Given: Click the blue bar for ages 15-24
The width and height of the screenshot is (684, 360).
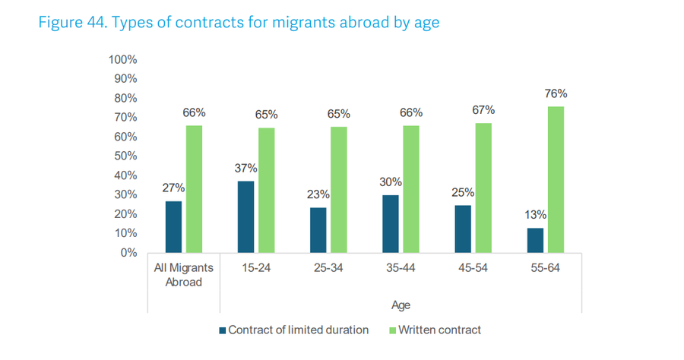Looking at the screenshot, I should [246, 216].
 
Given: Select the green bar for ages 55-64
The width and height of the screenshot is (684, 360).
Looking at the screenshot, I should [556, 179].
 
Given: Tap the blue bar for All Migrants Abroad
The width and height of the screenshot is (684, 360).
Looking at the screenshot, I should [173, 226].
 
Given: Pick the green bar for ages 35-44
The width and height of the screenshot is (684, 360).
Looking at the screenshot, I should [411, 189].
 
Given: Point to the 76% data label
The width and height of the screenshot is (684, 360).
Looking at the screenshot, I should [556, 94].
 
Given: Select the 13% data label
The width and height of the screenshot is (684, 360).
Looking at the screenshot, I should [534, 215].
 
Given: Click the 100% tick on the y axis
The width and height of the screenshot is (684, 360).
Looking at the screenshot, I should [122, 59].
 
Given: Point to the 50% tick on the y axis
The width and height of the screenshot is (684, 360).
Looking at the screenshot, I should [125, 156].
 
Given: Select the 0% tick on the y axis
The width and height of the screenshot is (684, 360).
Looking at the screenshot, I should [128, 252].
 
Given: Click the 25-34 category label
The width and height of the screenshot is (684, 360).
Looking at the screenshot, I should [328, 268].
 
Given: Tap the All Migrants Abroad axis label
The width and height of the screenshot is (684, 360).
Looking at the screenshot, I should [184, 275].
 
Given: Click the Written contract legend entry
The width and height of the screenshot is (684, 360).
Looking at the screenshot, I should [439, 330].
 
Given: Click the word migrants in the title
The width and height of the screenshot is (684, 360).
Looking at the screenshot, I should [297, 22].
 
